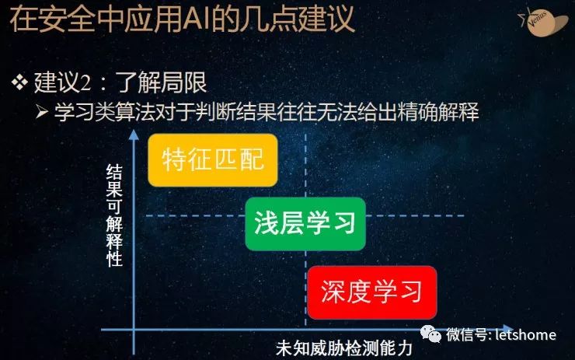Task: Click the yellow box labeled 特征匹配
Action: [x=213, y=160]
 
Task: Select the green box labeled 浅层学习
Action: [x=305, y=224]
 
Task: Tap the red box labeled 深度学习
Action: [x=372, y=292]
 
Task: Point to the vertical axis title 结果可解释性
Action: [x=114, y=215]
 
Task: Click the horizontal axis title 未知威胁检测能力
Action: [x=344, y=348]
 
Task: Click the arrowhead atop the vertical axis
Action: [x=134, y=135]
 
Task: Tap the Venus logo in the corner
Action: [x=543, y=21]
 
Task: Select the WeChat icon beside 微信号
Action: [x=430, y=334]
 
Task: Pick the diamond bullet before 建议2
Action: [x=19, y=82]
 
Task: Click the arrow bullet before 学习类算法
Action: [x=42, y=111]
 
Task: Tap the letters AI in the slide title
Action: [x=196, y=19]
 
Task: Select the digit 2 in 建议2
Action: [x=85, y=82]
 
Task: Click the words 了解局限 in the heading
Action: [x=162, y=82]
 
